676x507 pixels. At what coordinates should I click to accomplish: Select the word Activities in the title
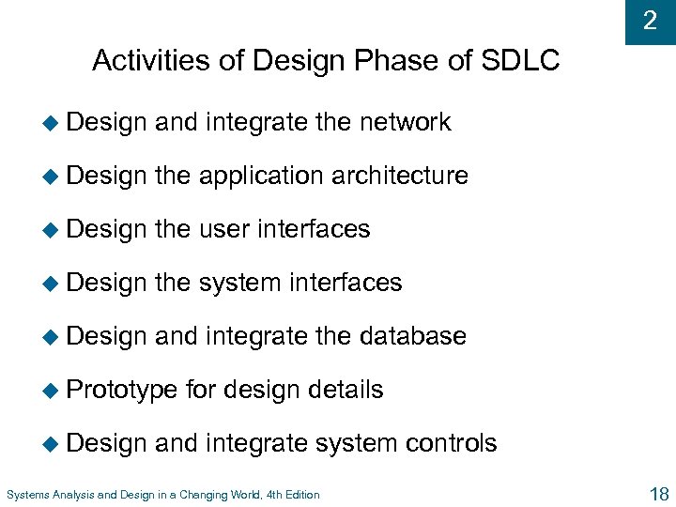click(145, 62)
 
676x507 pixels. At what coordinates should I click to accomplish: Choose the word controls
click(453, 443)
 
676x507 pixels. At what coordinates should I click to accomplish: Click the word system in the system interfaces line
click(239, 283)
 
